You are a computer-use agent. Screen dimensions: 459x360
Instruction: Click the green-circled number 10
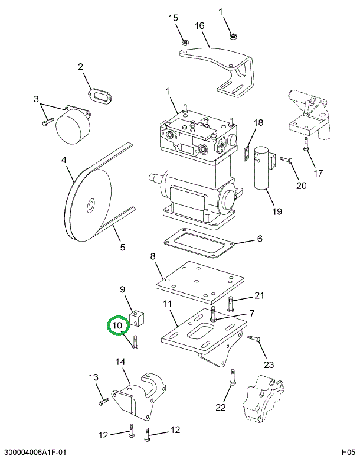coord(117,325)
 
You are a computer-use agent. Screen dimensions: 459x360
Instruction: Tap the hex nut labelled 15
coord(184,43)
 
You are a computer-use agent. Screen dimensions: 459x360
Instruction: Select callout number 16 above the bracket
coord(199,25)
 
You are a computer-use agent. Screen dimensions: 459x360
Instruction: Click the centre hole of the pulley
coord(90,206)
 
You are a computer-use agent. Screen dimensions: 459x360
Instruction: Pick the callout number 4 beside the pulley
coord(64,159)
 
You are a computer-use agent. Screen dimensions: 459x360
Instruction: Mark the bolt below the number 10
coord(136,342)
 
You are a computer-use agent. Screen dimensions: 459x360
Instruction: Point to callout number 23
coord(269,364)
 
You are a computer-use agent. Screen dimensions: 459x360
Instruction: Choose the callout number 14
coord(120,362)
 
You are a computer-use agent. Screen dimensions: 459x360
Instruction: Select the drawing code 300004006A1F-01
coord(34,453)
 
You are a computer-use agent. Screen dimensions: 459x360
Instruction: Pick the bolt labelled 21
coord(230,304)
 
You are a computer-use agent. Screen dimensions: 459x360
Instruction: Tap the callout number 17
coord(318,173)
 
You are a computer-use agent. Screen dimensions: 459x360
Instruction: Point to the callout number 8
coord(152,256)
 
